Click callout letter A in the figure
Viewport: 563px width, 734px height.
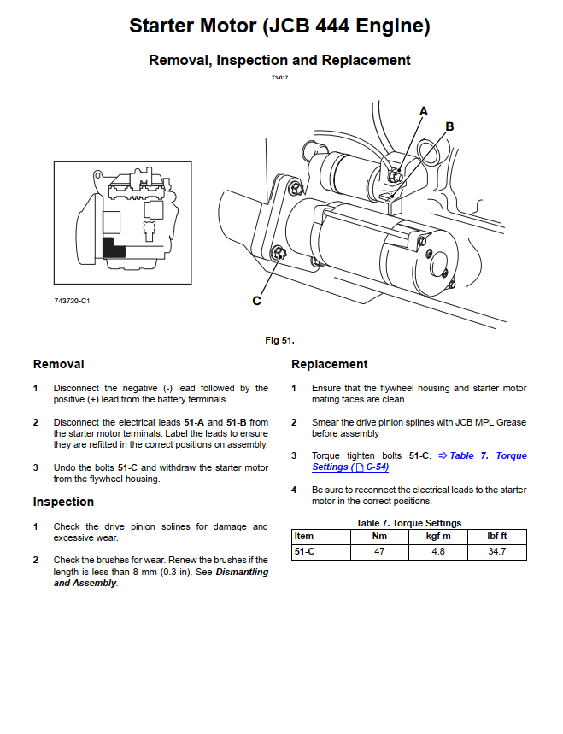(x=423, y=111)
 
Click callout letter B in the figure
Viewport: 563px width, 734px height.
(x=449, y=126)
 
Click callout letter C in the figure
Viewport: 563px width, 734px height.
(x=256, y=301)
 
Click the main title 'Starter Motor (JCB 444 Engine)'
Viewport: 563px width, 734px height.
(x=279, y=26)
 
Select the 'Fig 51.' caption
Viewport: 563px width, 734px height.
(x=279, y=340)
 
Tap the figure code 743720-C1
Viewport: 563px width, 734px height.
(x=72, y=302)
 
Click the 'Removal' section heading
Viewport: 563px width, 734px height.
(x=58, y=364)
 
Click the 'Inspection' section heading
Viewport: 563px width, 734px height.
(x=63, y=502)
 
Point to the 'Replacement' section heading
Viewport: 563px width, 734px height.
(x=329, y=364)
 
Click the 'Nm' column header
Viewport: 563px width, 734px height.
(x=380, y=537)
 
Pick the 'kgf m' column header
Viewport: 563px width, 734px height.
(x=438, y=537)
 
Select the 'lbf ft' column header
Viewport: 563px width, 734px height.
(x=497, y=537)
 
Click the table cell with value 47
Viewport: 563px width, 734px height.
(x=380, y=552)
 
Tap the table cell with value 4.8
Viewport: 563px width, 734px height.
(x=438, y=552)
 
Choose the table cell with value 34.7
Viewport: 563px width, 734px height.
(x=497, y=552)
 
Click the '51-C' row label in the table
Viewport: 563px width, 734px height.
(x=304, y=552)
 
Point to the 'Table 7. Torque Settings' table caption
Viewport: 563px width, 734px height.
(x=408, y=523)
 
